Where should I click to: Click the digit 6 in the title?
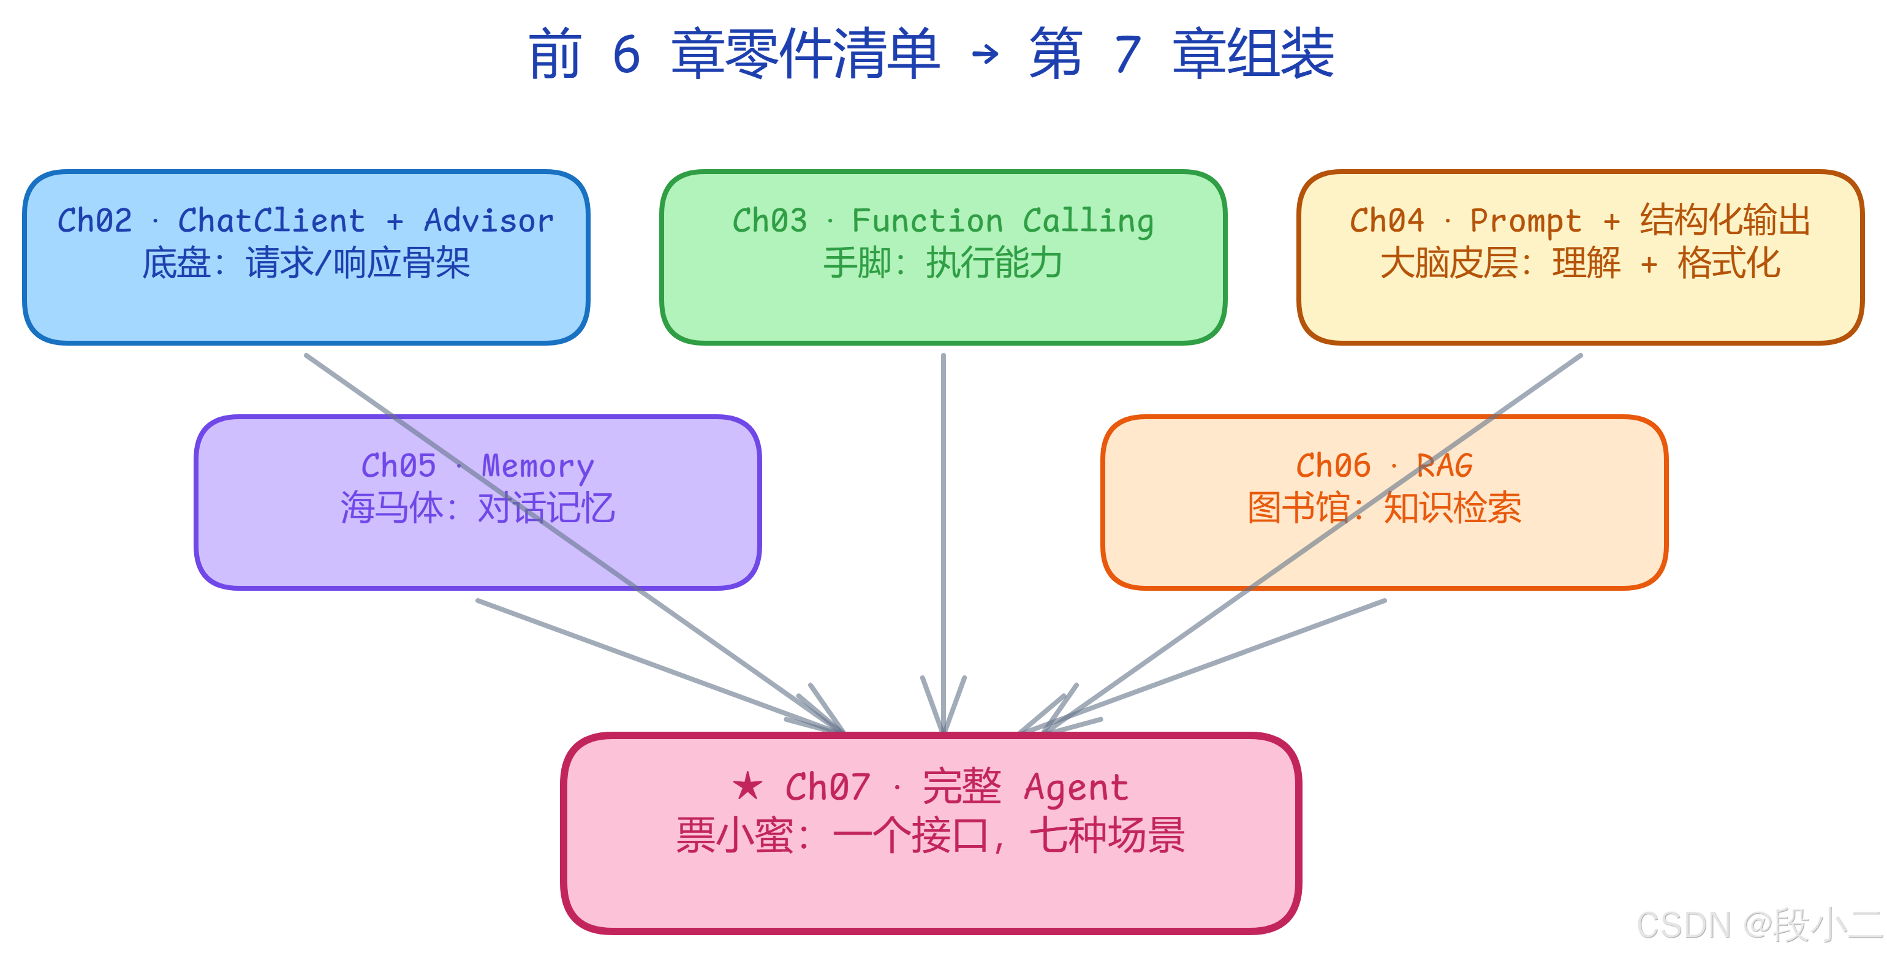626,55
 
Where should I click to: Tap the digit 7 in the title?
1127,55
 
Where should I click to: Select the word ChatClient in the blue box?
271,221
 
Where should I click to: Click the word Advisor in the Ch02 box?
489,221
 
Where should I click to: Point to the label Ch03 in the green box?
769,221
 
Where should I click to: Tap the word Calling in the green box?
1088,221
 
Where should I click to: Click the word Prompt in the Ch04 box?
1526,221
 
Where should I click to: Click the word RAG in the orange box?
1444,466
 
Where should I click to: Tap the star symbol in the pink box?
747,787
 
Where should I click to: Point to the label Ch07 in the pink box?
828,788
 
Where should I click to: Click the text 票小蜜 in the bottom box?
735,836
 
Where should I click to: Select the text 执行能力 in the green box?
994,263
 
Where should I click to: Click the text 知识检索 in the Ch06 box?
1452,507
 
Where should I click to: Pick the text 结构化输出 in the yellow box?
1725,221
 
